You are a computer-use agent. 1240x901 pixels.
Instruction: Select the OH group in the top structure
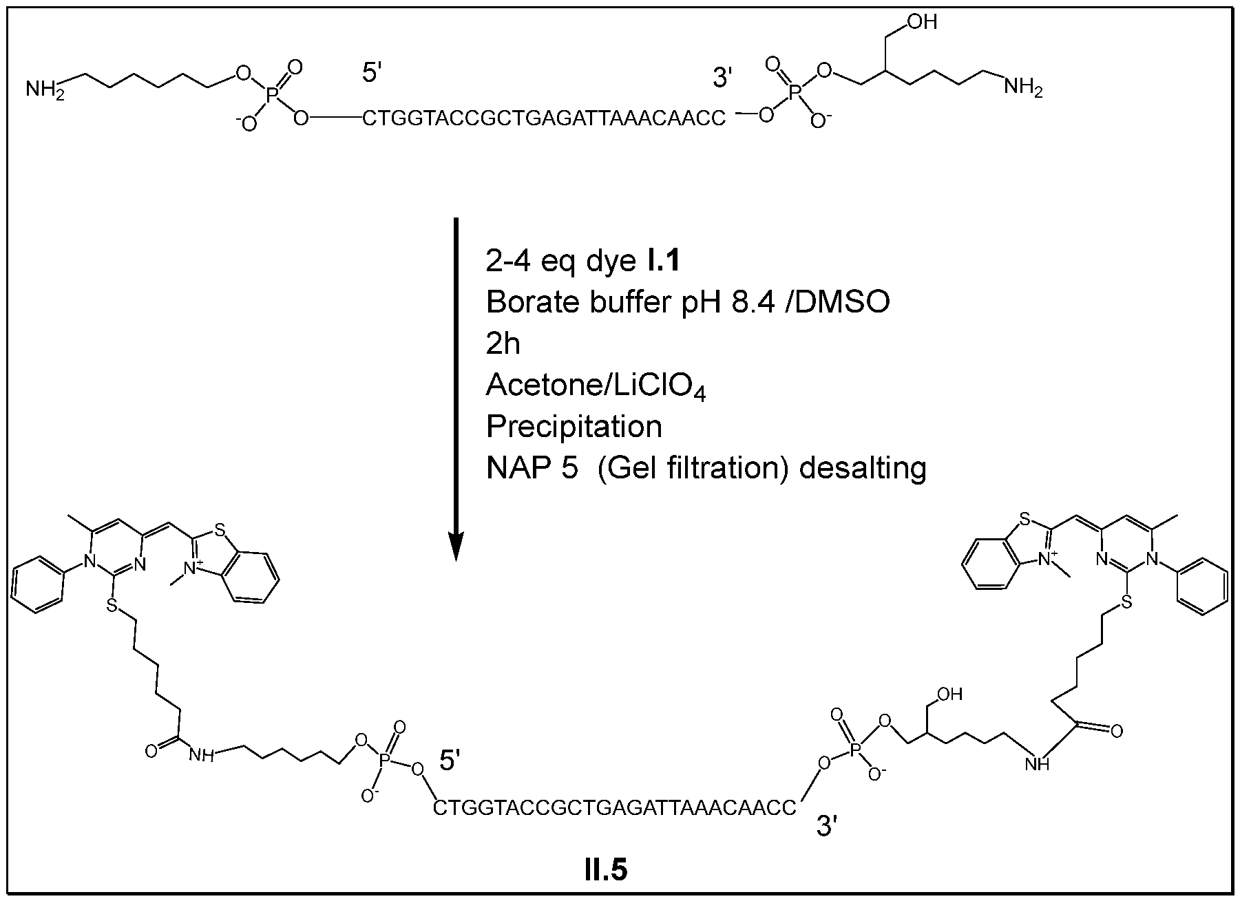[922, 23]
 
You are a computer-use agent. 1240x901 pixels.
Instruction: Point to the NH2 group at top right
[1022, 87]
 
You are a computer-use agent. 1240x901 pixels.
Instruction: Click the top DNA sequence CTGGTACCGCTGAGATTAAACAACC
[544, 119]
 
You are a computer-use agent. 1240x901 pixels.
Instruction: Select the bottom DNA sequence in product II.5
[614, 807]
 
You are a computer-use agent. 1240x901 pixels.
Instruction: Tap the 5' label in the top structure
[372, 72]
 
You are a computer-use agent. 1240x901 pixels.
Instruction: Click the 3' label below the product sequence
[826, 826]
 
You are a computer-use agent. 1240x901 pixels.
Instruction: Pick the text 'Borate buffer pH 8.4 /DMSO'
[687, 302]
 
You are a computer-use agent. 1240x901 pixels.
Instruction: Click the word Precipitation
[574, 427]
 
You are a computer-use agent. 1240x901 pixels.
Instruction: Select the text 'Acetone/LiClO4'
[596, 386]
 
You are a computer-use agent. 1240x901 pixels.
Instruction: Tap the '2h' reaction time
[503, 343]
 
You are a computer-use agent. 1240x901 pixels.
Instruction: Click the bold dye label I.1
[663, 261]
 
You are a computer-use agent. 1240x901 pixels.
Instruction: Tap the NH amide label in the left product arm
[201, 756]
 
